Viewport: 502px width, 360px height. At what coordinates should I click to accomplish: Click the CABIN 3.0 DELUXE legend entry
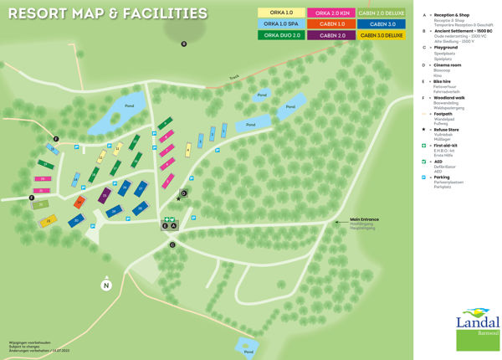382,35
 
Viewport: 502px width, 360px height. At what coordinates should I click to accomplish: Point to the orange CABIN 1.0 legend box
332,24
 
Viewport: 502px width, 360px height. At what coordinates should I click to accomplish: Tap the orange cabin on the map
80,202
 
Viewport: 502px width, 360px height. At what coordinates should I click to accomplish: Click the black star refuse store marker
178,198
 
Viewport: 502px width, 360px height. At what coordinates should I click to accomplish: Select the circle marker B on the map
184,44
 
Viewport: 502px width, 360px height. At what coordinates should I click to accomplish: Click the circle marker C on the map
172,244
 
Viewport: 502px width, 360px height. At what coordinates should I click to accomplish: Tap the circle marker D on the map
183,193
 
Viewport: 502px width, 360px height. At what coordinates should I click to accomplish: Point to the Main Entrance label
365,219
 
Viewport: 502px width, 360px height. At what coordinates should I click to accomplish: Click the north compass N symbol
106,285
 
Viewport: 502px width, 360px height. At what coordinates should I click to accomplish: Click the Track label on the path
234,78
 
